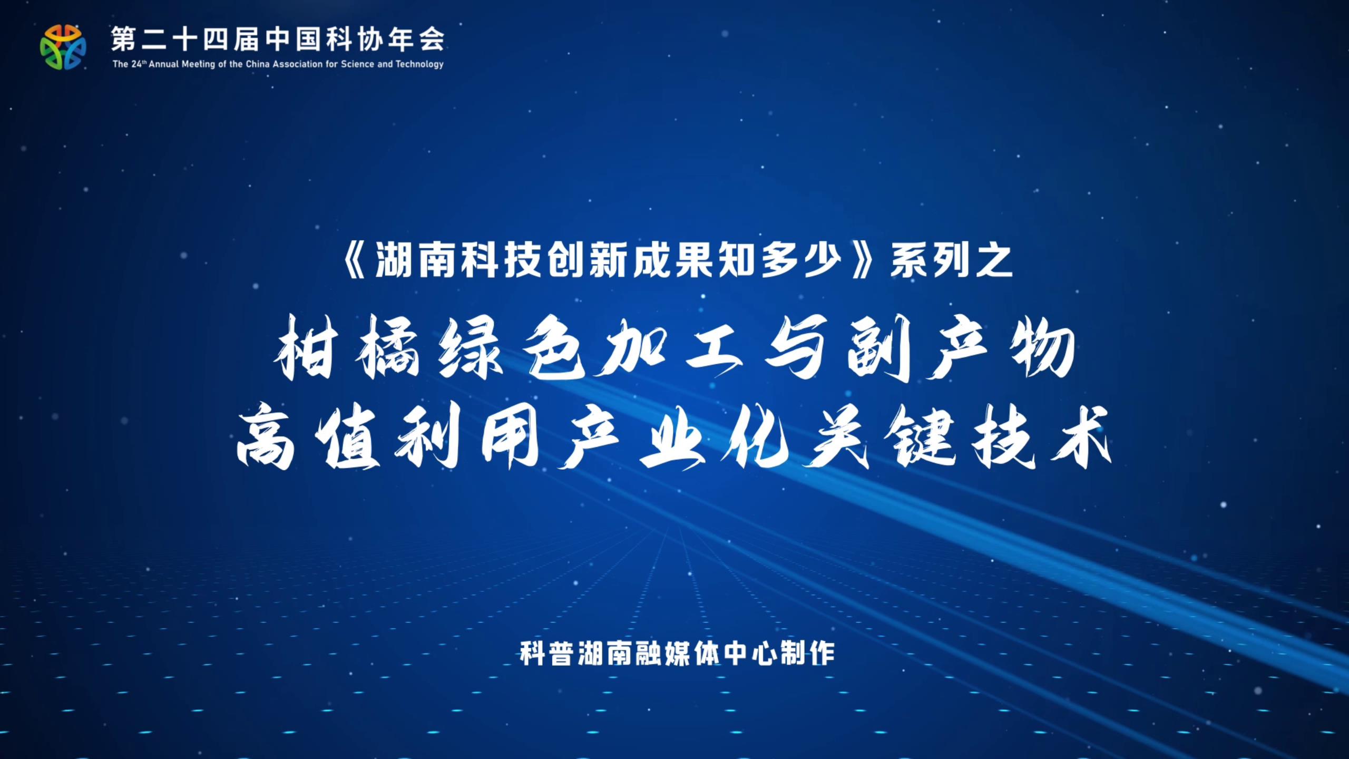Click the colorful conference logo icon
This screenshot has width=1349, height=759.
(x=63, y=46)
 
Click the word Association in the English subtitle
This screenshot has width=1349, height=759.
(x=299, y=64)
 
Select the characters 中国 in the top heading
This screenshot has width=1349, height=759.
(x=294, y=39)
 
